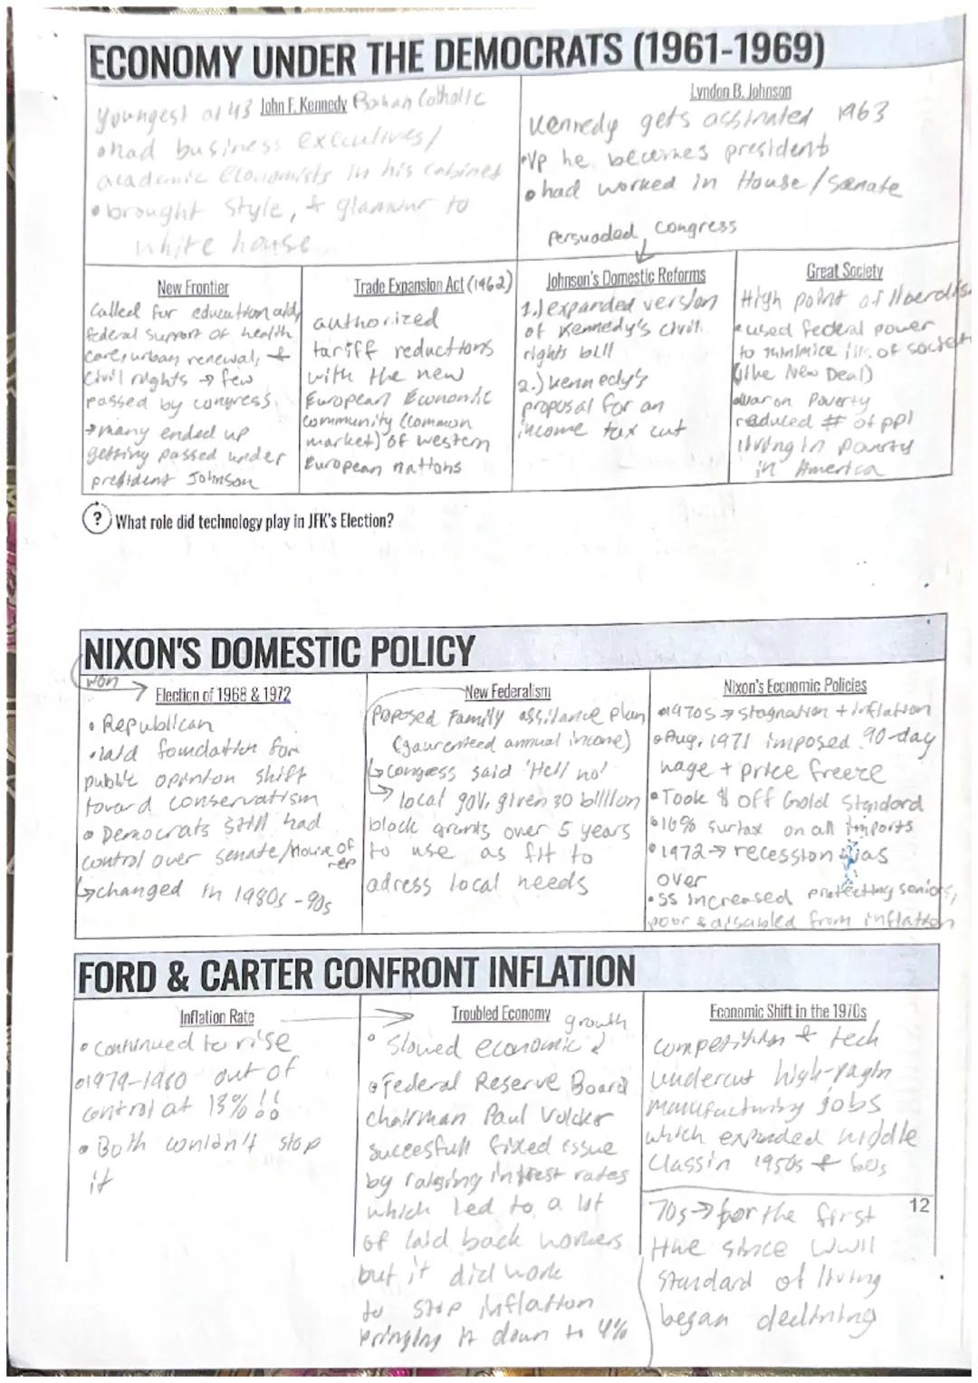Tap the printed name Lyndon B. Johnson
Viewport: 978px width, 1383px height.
click(x=740, y=91)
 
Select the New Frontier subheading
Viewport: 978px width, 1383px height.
click(x=193, y=288)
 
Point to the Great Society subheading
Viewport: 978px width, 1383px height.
click(x=844, y=271)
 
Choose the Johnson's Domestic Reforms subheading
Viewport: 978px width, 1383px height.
click(x=626, y=275)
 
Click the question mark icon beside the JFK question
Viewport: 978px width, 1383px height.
click(x=96, y=521)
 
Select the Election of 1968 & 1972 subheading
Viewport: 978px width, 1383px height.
click(x=223, y=695)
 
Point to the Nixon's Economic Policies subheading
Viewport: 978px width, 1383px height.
click(x=794, y=686)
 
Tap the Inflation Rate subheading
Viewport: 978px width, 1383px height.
click(x=216, y=1017)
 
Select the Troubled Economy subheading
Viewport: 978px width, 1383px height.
click(x=501, y=1013)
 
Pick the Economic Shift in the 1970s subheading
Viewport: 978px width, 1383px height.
click(x=787, y=1012)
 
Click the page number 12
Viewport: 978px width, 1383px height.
click(x=918, y=1205)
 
